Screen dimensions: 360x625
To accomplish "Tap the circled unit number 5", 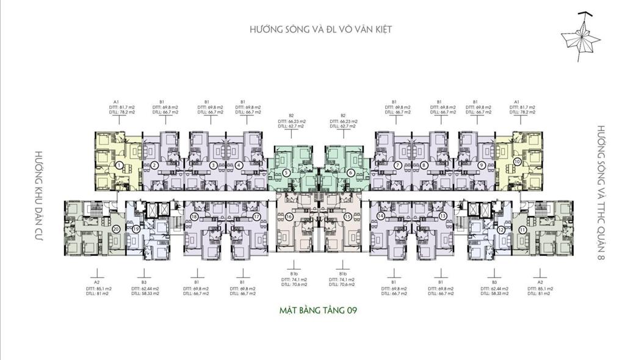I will (286, 173).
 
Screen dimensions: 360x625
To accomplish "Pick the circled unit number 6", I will (351, 173).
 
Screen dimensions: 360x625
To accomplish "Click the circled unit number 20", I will (116, 229).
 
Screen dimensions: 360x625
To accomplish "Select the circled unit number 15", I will (347, 217).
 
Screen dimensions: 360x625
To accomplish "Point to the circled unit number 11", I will (522, 229).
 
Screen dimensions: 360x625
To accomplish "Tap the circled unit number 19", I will (136, 229).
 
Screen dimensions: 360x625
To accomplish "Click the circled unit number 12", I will (501, 229).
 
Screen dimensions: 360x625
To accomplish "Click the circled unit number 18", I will (194, 217).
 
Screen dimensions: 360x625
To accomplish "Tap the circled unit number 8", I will (424, 165).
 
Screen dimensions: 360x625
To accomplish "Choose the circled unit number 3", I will (213, 165).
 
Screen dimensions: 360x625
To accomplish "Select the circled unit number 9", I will (482, 165).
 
